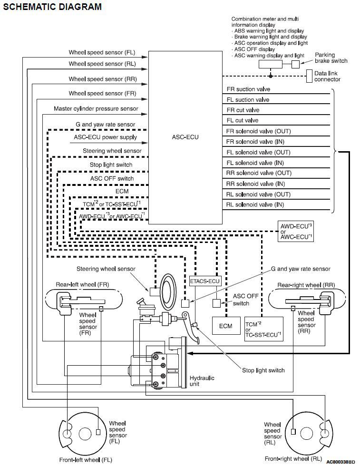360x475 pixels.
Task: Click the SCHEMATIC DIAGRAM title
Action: [52, 7]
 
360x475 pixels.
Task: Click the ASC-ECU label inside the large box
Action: [185, 137]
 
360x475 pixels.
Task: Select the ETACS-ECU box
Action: [205, 281]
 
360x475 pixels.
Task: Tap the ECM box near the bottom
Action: [225, 326]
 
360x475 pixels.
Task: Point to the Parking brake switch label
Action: [331, 58]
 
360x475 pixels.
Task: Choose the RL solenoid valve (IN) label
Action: [255, 205]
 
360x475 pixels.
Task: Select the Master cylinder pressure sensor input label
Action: [96, 108]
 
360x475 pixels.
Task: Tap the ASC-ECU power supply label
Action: [105, 137]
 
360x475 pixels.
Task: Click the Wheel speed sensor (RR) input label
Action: [103, 79]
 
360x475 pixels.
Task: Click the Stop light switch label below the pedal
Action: [263, 370]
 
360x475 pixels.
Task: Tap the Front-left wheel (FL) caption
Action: [86, 460]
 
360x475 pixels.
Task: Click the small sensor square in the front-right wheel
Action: [293, 432]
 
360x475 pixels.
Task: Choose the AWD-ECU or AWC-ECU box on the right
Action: [295, 231]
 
